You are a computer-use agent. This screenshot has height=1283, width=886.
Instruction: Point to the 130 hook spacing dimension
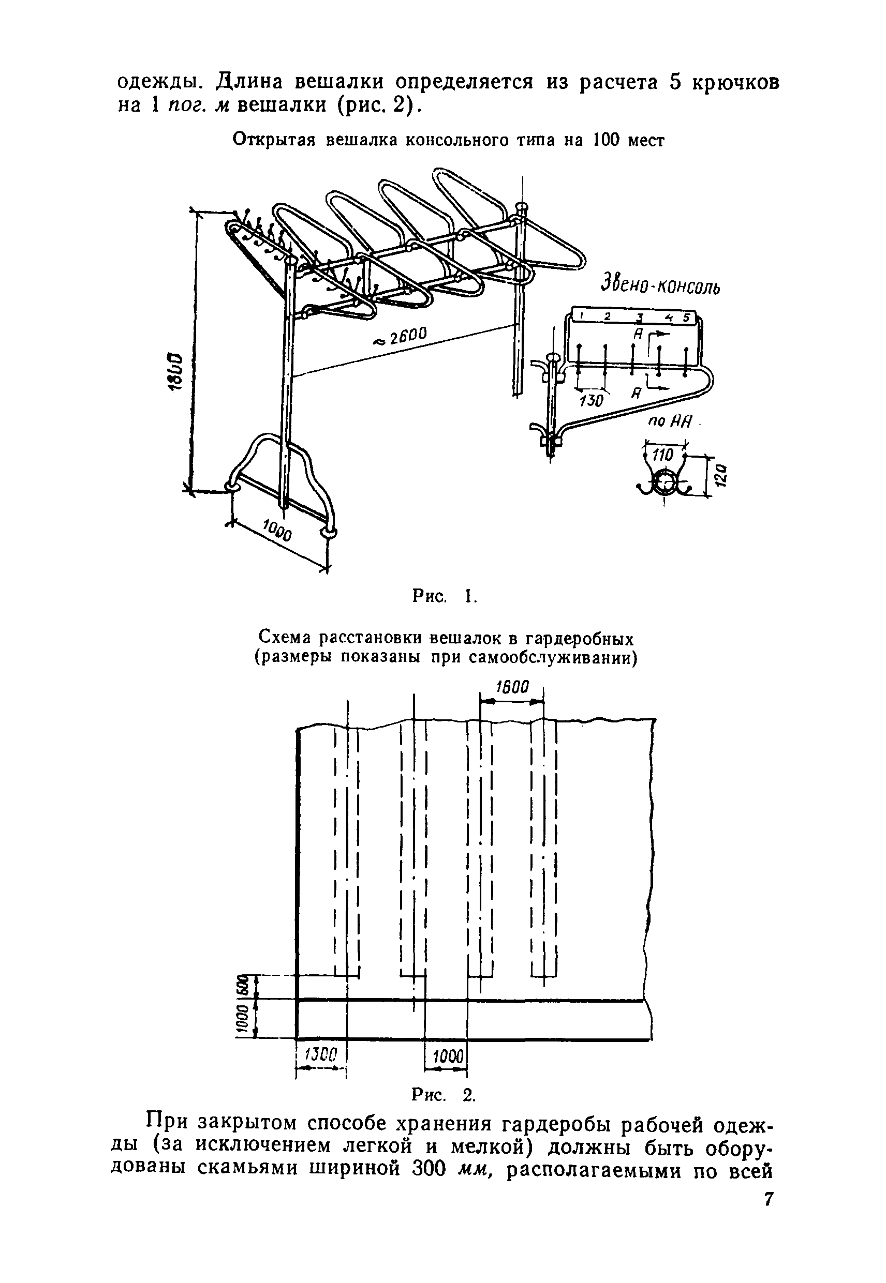[590, 400]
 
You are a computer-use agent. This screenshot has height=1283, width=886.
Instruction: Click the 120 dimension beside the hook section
[718, 475]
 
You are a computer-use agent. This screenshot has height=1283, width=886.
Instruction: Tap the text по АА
[671, 422]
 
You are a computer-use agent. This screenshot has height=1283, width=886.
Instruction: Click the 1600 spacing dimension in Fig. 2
[512, 688]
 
